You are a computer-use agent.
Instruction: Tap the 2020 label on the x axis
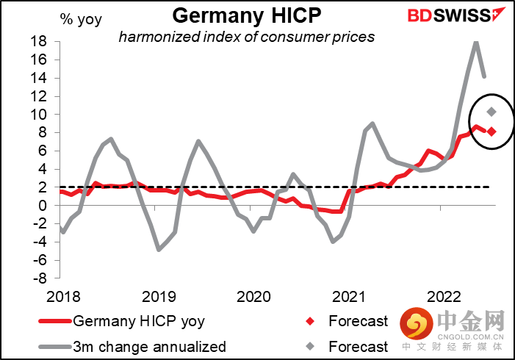point(253,297)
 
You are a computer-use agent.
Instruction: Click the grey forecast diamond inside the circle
point(491,112)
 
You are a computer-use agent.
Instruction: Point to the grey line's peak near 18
point(476,43)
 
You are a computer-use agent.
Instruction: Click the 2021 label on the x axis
point(347,297)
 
